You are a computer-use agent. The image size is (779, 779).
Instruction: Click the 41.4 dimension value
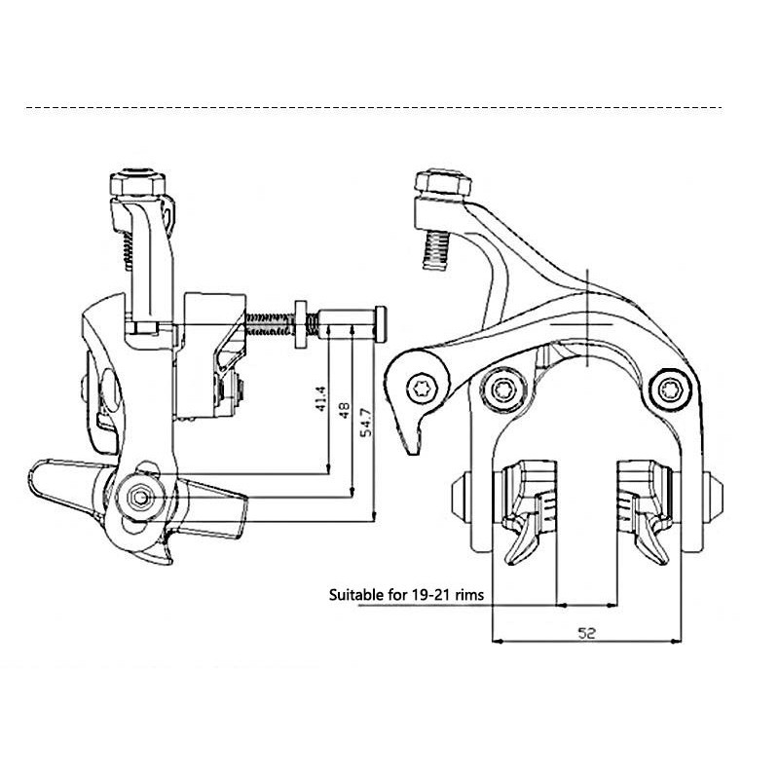point(321,398)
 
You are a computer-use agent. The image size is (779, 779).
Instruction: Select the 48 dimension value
point(344,410)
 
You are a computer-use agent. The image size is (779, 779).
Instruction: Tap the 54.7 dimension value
point(366,422)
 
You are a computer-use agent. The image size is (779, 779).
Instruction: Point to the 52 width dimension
point(587,633)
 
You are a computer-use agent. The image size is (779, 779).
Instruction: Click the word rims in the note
point(470,595)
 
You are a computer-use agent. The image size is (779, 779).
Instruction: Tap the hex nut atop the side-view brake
point(137,183)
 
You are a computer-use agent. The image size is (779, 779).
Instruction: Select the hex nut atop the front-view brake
point(443,183)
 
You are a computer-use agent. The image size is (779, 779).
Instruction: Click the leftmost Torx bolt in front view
point(423,387)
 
